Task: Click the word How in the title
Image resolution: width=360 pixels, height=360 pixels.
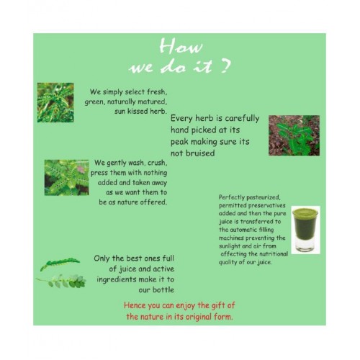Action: click(181, 46)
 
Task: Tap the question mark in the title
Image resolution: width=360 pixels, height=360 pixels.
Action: click(225, 66)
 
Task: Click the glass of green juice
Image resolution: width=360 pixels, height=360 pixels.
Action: click(305, 230)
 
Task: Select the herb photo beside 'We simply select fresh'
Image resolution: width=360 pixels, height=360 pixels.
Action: click(55, 102)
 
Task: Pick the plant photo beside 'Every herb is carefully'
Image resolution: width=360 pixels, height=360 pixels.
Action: click(294, 135)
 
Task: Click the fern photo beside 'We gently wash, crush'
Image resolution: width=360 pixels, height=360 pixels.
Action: click(66, 178)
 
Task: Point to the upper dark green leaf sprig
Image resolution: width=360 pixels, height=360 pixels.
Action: click(60, 264)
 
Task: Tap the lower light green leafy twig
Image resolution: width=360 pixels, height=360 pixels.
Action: click(61, 282)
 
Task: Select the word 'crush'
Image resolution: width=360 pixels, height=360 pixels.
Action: click(157, 163)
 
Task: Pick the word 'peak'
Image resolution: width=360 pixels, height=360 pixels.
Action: click(179, 142)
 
